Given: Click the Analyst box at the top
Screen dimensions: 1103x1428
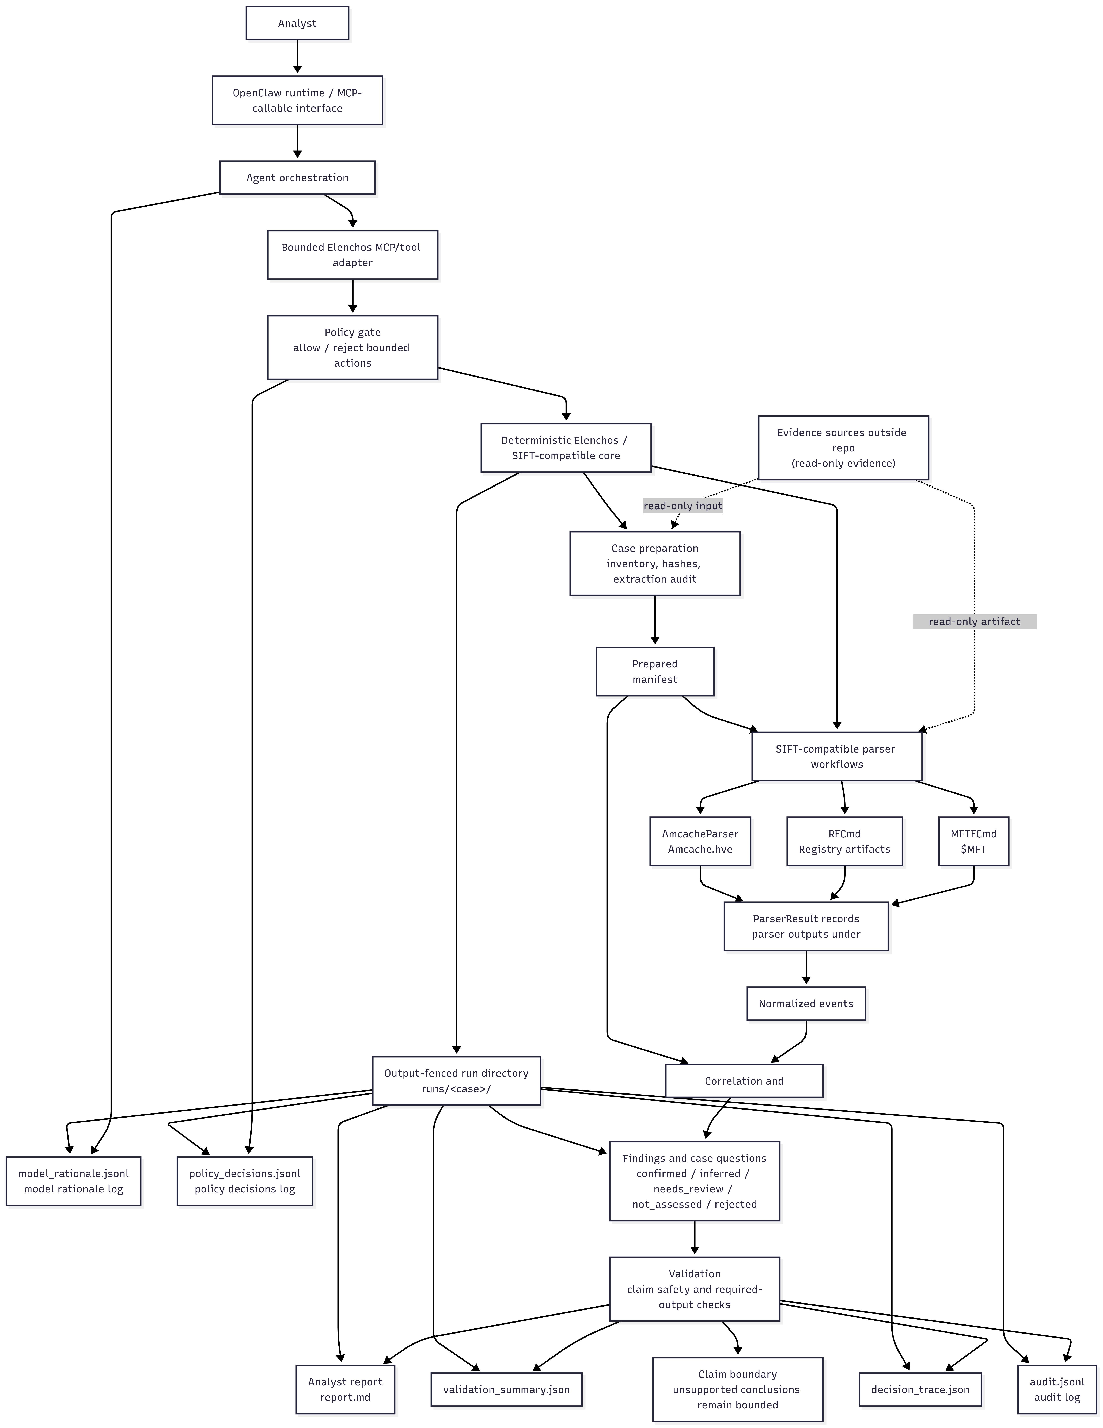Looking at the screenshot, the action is tap(297, 23).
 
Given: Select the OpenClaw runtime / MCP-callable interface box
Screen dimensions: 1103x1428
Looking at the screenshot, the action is tap(297, 100).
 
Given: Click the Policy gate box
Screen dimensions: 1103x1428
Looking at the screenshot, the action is tap(352, 347).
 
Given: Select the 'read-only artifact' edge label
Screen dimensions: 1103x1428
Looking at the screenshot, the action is tap(974, 621).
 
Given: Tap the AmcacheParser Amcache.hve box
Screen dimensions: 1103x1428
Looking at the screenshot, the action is tap(700, 841).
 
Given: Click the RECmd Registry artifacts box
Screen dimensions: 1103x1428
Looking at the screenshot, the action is tap(845, 841).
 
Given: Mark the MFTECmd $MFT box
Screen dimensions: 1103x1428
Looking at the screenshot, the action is tap(973, 841).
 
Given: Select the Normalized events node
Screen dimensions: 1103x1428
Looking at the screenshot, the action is tap(806, 1004).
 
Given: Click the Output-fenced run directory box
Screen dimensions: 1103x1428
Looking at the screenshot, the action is tap(456, 1081).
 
